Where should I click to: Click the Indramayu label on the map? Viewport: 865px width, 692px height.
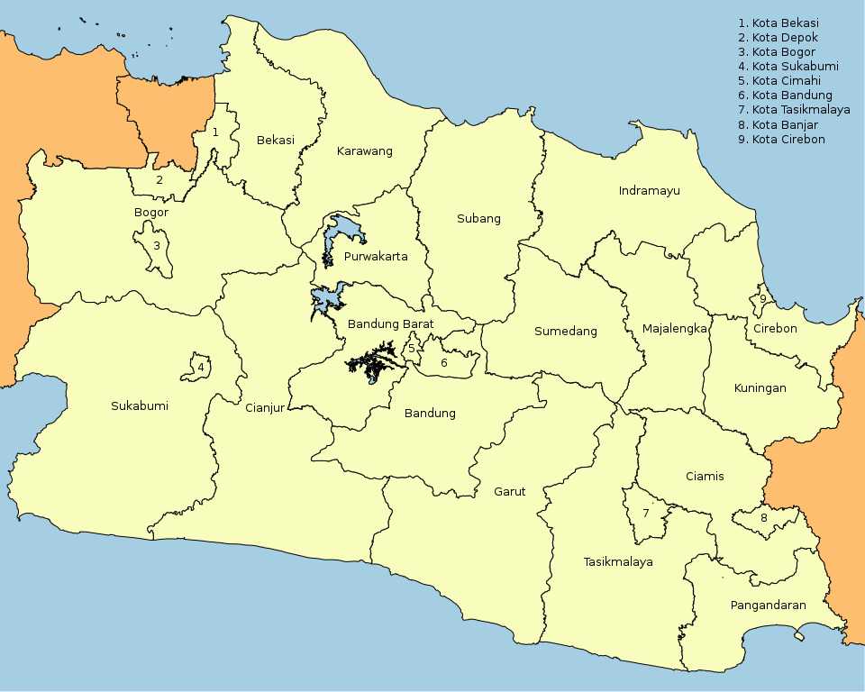[649, 191]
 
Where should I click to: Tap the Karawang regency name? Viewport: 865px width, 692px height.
[365, 151]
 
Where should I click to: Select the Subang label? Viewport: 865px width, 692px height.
[478, 219]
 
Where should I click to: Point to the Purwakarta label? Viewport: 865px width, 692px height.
[376, 257]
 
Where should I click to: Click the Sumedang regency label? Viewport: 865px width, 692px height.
[566, 332]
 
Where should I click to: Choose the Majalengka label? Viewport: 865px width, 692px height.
[675, 329]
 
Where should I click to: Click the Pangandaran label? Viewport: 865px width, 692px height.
[769, 605]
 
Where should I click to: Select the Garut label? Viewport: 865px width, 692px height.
[509, 492]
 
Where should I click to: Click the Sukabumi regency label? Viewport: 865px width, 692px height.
[140, 406]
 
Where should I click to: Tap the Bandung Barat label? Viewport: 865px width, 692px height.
[390, 324]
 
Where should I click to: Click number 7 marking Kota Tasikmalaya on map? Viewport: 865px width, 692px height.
[645, 514]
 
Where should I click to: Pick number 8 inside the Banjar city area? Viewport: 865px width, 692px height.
[764, 518]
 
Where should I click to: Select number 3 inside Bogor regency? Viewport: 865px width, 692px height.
[156, 245]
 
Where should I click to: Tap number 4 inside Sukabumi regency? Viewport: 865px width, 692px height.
[201, 368]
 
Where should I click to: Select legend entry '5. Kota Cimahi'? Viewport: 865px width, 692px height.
[779, 81]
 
